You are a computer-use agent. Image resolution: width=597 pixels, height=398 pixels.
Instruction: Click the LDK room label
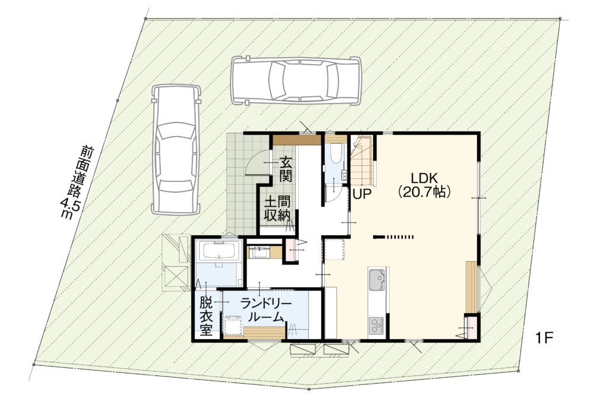424,178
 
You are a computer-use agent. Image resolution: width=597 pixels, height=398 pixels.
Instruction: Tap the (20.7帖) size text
424,191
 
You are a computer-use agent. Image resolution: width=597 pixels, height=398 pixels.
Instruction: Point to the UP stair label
362,194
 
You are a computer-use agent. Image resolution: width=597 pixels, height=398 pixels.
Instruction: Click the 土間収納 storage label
278,209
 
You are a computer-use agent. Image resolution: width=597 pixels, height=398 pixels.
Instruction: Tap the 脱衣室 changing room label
206,316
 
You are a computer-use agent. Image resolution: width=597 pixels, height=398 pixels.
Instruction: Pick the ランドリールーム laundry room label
266,310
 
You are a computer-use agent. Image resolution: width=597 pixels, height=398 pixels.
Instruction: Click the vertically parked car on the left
176,149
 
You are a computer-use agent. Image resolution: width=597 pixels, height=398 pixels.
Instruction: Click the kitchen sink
377,280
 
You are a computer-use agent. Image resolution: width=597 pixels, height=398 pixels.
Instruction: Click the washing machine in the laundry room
233,324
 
